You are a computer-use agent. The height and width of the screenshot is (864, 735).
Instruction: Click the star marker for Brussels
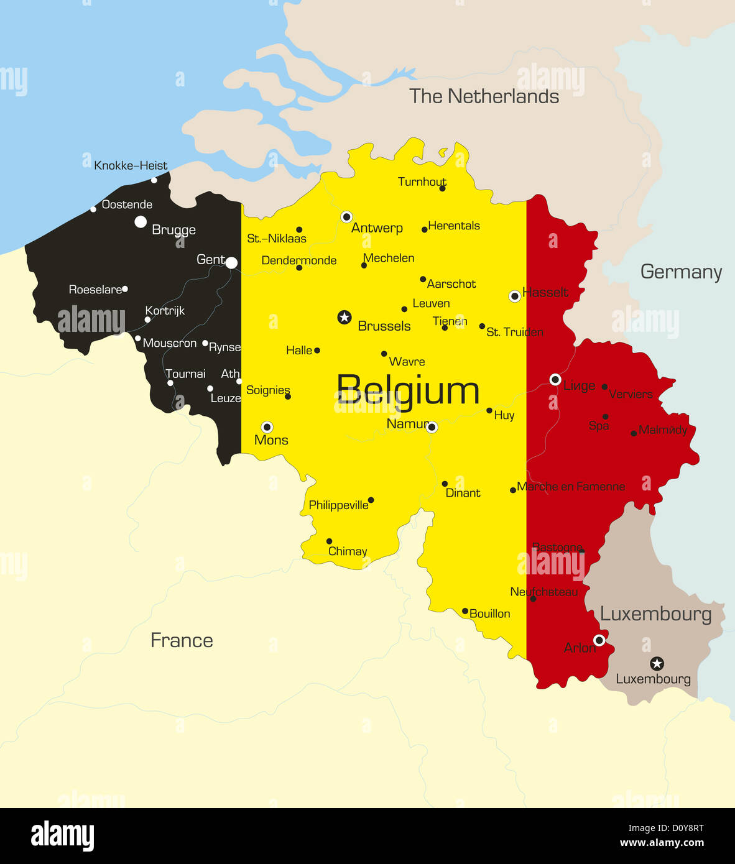click(344, 318)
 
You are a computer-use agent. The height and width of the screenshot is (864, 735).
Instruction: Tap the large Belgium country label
click(408, 391)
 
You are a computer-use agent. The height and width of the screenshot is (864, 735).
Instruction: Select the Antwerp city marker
click(346, 217)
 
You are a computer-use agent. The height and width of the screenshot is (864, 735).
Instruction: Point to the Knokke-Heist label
click(131, 166)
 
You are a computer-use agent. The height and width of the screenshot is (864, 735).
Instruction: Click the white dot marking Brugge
click(141, 222)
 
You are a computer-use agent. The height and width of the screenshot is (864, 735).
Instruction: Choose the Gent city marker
click(231, 263)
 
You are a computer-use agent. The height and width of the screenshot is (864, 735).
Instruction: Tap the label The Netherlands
click(484, 96)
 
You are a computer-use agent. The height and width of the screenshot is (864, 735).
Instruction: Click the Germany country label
click(681, 272)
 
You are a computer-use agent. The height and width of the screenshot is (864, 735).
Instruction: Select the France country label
click(182, 640)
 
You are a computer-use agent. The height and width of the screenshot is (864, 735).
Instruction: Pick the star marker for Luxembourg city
click(657, 663)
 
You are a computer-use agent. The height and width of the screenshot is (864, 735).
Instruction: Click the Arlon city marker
click(599, 640)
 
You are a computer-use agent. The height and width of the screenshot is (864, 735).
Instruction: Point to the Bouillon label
click(489, 614)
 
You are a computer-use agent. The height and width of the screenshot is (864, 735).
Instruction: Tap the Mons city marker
click(267, 427)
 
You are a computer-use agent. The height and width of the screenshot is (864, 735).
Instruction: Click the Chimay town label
click(348, 551)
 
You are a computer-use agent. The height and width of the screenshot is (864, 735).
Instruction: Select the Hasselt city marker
click(515, 296)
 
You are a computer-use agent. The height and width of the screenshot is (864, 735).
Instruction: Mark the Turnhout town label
click(422, 182)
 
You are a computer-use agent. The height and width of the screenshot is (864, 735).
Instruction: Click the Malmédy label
click(663, 430)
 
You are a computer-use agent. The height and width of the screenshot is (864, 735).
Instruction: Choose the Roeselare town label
click(95, 290)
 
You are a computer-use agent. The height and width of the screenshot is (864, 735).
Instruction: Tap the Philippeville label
click(338, 505)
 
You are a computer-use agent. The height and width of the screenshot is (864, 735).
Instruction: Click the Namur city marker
click(432, 428)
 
